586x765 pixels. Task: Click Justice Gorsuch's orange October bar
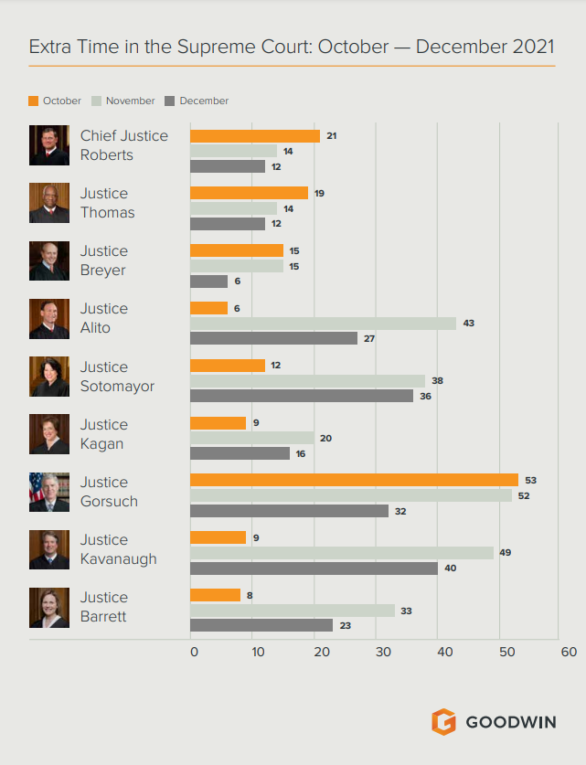[353, 480]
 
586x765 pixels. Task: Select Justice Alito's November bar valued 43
[322, 324]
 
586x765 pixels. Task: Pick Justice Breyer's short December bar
[208, 282]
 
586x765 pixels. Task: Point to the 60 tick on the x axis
[569, 652]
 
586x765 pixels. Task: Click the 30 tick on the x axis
[382, 652]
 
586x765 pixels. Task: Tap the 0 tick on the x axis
[194, 652]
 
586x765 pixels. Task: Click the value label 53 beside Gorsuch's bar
[531, 480]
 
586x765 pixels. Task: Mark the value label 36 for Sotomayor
[425, 396]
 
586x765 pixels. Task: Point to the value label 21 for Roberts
[332, 135]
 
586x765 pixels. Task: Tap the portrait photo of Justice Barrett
[48, 608]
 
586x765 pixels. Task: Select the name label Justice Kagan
[103, 434]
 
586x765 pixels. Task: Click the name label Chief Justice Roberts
[123, 145]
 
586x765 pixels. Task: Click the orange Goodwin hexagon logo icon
[443, 721]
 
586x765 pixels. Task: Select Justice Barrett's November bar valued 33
[292, 611]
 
